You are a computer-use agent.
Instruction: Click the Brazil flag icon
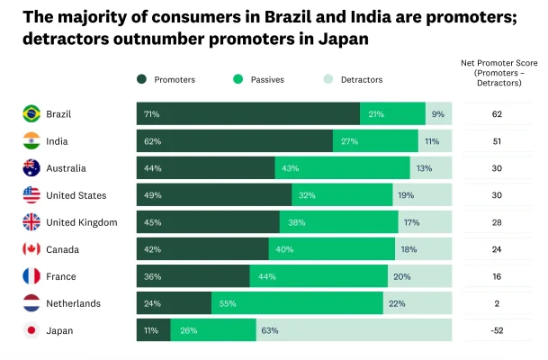31,114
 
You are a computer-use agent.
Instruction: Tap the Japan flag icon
31,330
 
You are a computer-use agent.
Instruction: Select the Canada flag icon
31,249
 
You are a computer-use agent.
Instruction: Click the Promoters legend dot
142,79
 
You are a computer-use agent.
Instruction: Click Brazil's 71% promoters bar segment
248,114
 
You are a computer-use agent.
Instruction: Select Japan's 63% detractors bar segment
354,330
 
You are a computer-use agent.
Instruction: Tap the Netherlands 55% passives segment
297,303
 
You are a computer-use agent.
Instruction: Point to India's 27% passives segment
375,141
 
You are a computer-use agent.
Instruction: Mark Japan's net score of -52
497,330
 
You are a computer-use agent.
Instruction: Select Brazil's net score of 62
497,114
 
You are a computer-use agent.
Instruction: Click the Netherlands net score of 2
497,303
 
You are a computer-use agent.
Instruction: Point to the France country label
67,276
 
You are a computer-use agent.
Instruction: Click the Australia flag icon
31,168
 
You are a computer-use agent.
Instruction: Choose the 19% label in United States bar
406,195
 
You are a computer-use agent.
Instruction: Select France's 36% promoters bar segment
193,276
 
